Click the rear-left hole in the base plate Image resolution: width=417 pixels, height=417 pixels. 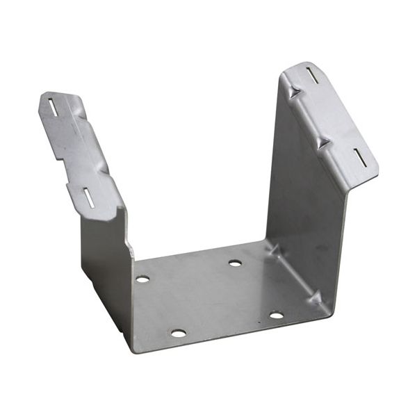click(142, 279)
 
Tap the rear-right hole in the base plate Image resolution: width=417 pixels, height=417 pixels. click(235, 263)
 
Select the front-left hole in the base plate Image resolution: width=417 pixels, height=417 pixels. click(179, 333)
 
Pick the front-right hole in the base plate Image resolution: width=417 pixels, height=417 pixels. click(276, 316)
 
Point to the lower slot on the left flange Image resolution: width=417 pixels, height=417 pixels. click(90, 198)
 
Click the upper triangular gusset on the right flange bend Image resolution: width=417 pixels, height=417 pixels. click(295, 90)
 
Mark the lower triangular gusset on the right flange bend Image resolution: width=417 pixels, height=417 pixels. click(322, 142)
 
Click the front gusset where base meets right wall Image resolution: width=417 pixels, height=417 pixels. click(315, 298)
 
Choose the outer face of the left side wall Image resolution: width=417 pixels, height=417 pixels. click(104, 257)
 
